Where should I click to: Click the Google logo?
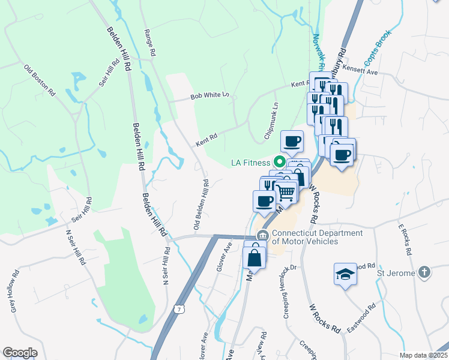tap(20, 353)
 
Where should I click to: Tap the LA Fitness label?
tap(250, 163)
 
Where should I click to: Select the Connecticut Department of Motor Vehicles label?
tap(309, 237)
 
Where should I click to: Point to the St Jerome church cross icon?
tap(424, 272)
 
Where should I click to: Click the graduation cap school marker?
tap(344, 274)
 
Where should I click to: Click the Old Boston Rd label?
tap(40, 80)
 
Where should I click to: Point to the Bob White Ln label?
tap(209, 95)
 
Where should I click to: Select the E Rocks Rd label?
tap(406, 240)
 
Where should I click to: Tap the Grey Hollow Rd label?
tap(14, 290)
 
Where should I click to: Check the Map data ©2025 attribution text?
tap(424, 355)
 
